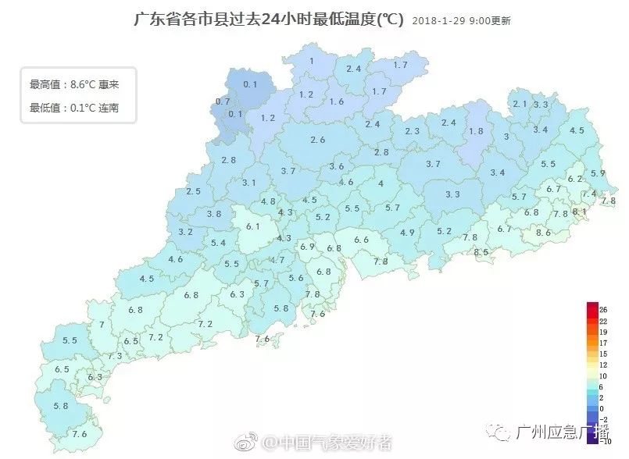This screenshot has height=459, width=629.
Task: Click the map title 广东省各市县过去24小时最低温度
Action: click(270, 19)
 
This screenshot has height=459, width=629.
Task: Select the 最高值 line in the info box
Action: click(73, 84)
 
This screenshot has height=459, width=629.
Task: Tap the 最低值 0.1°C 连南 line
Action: click(73, 108)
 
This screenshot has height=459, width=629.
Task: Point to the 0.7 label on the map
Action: click(223, 101)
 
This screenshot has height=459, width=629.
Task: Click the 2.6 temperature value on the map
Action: click(317, 140)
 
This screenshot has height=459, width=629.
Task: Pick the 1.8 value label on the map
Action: click(475, 131)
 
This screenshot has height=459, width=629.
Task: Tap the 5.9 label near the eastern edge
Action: click(598, 173)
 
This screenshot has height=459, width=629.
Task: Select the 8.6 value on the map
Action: click(543, 233)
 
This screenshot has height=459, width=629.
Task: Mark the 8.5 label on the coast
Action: click(481, 252)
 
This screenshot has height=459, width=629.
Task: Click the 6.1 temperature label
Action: click(252, 226)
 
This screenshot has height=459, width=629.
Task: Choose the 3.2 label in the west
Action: click(185, 232)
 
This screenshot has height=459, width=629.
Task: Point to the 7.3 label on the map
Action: click(115, 356)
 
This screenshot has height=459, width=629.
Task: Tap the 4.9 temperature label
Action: click(407, 233)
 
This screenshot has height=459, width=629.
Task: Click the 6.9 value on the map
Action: click(307, 247)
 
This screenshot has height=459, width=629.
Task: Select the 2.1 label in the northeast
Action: click(520, 104)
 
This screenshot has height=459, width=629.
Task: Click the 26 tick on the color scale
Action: click(603, 310)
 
